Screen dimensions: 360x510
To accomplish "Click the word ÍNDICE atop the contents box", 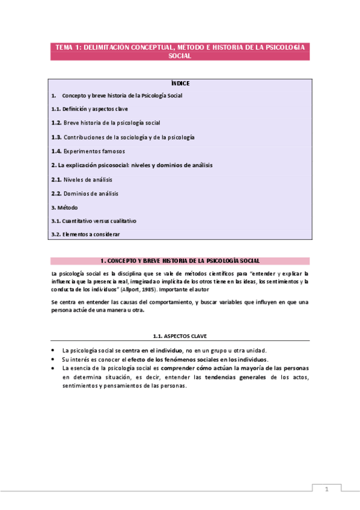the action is [180, 84].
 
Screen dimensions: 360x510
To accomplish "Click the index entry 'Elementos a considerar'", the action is [91, 235].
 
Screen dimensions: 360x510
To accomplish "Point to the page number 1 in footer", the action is [326, 489].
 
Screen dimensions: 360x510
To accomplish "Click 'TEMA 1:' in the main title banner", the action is [69, 47].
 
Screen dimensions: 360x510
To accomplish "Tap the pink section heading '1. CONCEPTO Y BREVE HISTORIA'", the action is [180, 261].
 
